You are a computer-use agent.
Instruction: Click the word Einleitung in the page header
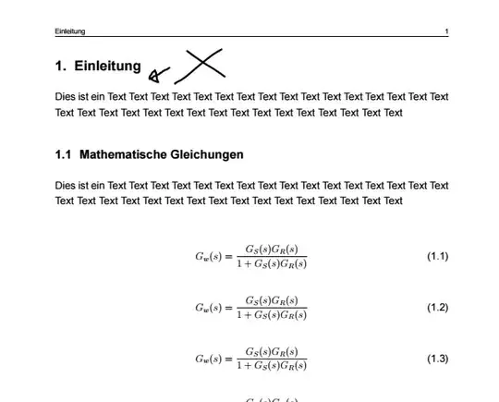pos(70,31)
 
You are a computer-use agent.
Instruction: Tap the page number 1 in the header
pos(446,31)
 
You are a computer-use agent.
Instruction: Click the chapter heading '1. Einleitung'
pos(98,67)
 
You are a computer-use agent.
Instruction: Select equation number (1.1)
pos(437,256)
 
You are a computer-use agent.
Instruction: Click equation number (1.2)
pos(437,308)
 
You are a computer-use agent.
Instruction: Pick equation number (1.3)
pos(437,359)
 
